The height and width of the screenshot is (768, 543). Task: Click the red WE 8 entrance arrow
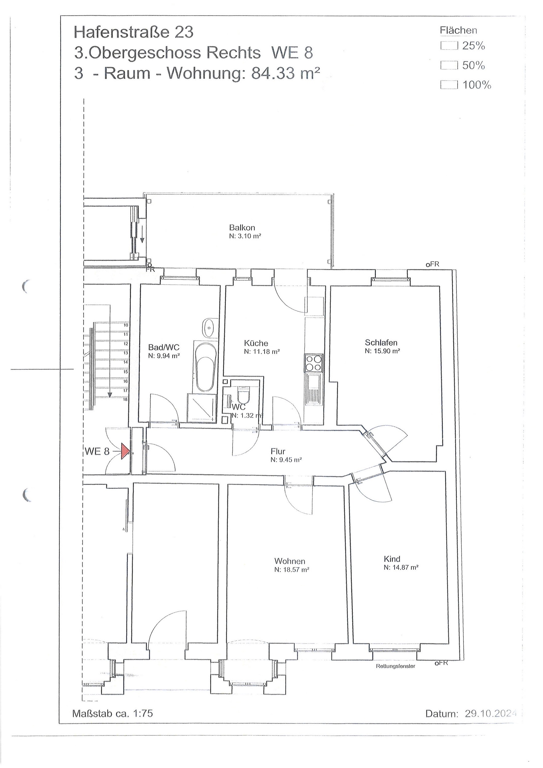pyautogui.click(x=125, y=451)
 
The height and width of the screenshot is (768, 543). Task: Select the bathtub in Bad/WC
pyautogui.click(x=205, y=366)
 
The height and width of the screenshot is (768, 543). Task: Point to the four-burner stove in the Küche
pyautogui.click(x=314, y=363)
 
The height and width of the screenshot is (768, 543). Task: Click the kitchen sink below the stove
pyautogui.click(x=314, y=389)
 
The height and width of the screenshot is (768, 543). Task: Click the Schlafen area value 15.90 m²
pyautogui.click(x=382, y=351)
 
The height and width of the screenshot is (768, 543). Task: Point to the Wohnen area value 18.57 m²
pyautogui.click(x=292, y=570)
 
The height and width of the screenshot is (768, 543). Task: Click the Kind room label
pyautogui.click(x=392, y=559)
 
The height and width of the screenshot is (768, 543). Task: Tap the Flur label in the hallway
pyautogui.click(x=278, y=452)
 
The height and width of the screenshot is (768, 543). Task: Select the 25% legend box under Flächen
pyautogui.click(x=449, y=46)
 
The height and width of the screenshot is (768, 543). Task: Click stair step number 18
pyautogui.click(x=126, y=399)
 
